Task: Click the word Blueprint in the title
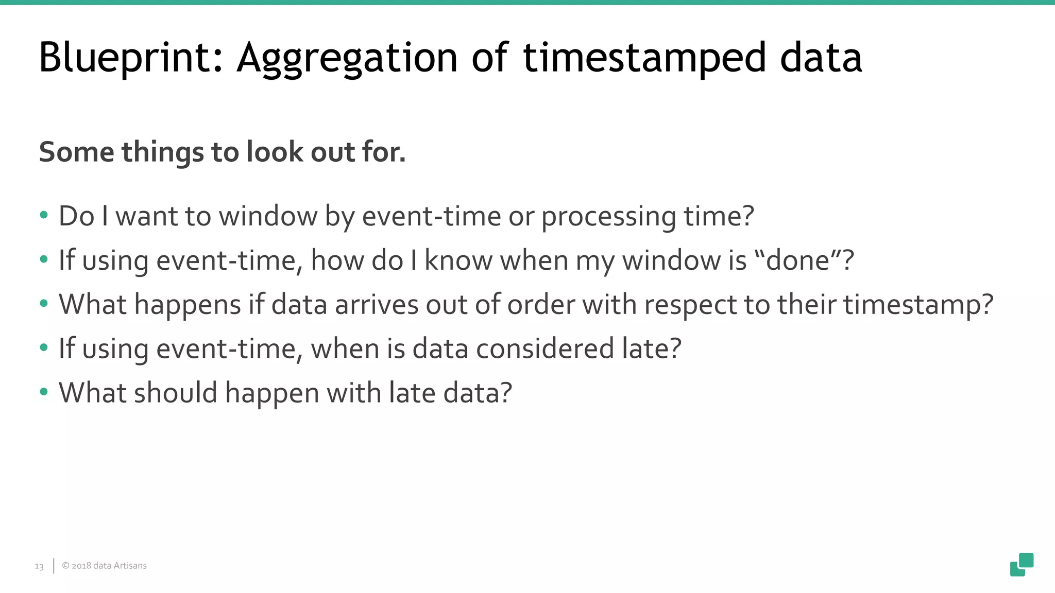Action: (x=130, y=58)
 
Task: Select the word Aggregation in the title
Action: (x=347, y=58)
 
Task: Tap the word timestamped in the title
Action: (x=644, y=58)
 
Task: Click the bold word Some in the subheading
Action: (x=76, y=152)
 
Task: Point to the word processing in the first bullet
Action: (x=608, y=216)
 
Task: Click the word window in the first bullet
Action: (x=267, y=216)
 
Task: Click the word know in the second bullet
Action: (x=458, y=260)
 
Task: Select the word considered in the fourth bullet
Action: (x=544, y=349)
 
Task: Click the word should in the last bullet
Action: (x=175, y=393)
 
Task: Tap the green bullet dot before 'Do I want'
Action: (x=44, y=215)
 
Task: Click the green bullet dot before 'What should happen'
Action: (x=44, y=392)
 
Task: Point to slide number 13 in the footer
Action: (x=39, y=566)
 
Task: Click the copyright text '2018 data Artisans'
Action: (x=105, y=566)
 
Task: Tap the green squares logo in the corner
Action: (x=1022, y=565)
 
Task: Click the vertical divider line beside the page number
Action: (x=54, y=566)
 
